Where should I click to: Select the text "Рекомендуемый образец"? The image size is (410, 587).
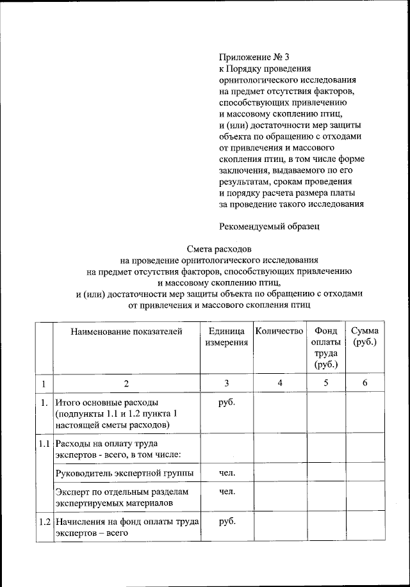[268, 225]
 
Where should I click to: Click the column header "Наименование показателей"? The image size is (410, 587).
[127, 331]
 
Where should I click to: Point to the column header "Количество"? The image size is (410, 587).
[279, 331]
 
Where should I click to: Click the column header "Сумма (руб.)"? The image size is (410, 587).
[365, 337]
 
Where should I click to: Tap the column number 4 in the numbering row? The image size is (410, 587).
[279, 383]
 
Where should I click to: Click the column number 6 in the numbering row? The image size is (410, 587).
[365, 383]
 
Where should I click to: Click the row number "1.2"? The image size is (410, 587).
[44, 521]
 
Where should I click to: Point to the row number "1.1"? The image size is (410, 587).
[44, 443]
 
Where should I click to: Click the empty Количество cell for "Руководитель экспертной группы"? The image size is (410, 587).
[279, 474]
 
